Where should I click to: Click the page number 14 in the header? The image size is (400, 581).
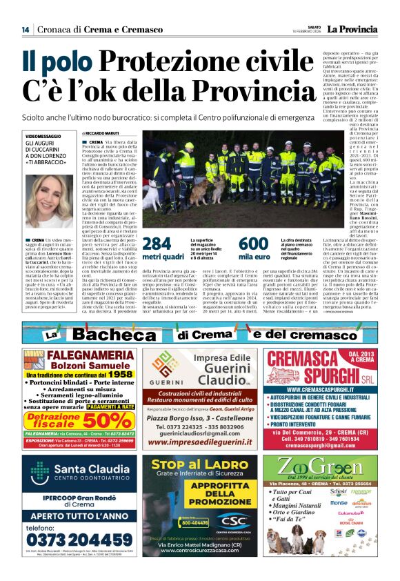click(x=25, y=29)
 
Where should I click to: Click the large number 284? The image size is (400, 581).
click(x=156, y=244)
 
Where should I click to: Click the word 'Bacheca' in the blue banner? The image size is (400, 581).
click(x=123, y=335)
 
